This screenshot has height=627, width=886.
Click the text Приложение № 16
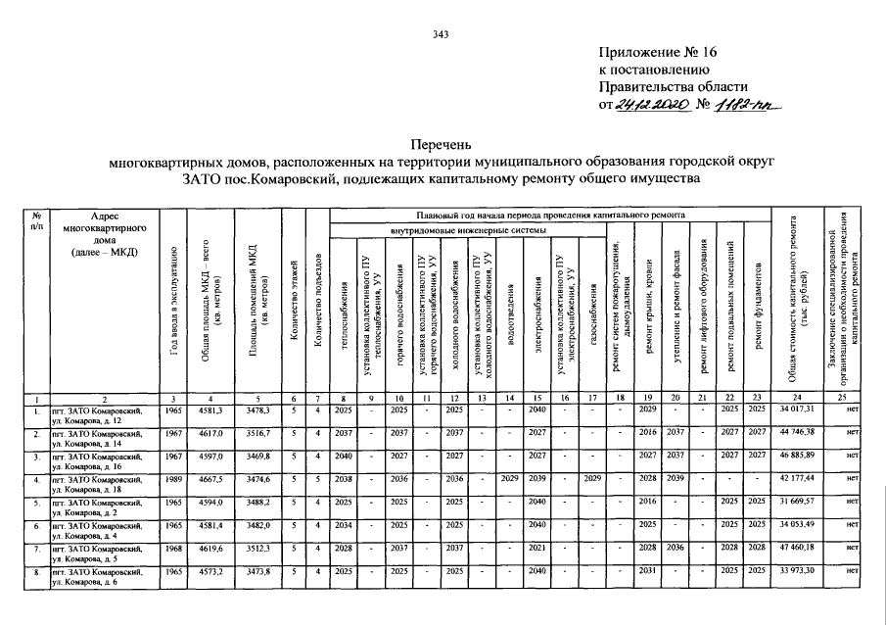click(657, 54)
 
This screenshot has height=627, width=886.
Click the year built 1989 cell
click(173, 481)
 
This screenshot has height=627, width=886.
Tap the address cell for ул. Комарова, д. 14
click(100, 437)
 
